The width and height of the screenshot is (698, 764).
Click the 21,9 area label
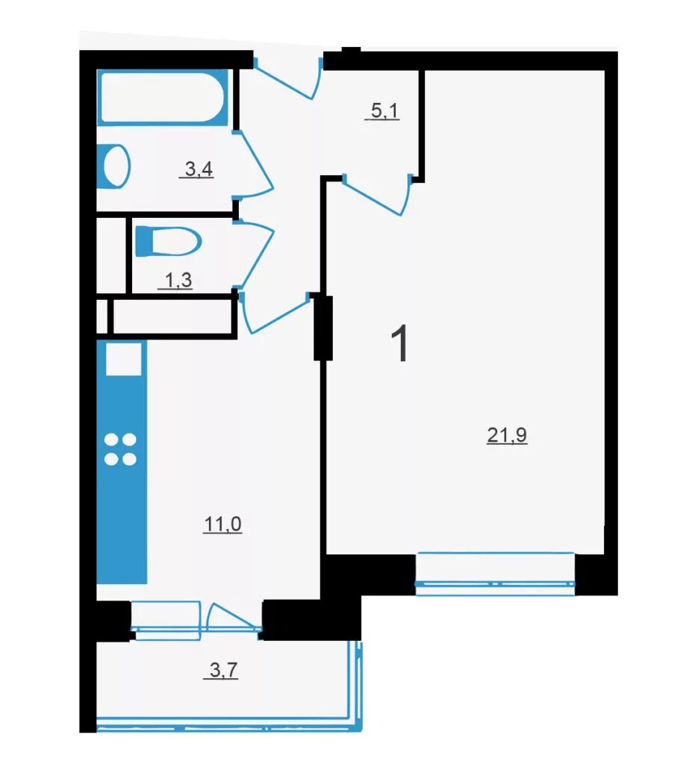click(506, 435)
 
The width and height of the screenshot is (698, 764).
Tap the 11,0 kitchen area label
click(222, 525)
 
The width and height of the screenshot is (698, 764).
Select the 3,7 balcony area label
click(224, 671)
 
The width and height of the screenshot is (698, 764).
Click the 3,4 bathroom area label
click(199, 169)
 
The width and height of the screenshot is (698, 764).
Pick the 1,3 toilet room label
click(178, 281)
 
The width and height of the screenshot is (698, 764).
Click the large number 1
click(400, 344)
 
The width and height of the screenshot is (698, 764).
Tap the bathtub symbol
click(163, 97)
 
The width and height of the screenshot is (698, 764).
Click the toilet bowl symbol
click(168, 241)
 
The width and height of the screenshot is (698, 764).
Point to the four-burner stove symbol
click(120, 449)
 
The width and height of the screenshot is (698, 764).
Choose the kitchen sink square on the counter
click(124, 359)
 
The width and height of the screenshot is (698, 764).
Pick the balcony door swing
click(233, 619)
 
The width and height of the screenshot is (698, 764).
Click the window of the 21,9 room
click(495, 574)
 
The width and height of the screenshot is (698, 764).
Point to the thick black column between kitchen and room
click(322, 328)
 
